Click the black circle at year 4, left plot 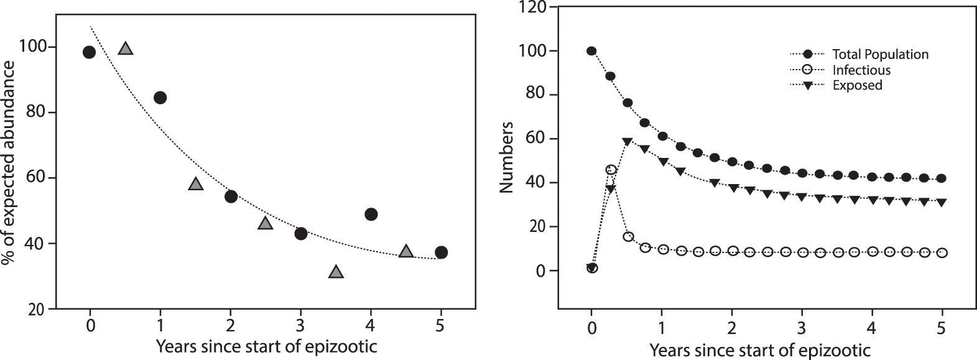pos(371,215)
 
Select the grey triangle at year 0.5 pos(126,48)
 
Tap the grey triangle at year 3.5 pos(336,272)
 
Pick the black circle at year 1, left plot pos(160,98)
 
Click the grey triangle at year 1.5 pos(196,184)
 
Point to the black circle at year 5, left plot pos(442,252)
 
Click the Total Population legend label pos(880,54)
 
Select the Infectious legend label pos(861,70)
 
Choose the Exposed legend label pos(857,85)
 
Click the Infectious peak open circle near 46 pos(611,170)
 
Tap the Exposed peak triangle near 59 pos(627,142)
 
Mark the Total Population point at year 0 pos(591,51)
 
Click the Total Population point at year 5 pos(942,178)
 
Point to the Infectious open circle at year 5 pos(942,253)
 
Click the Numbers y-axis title pos(507,157)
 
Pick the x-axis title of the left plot pos(266,345)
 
